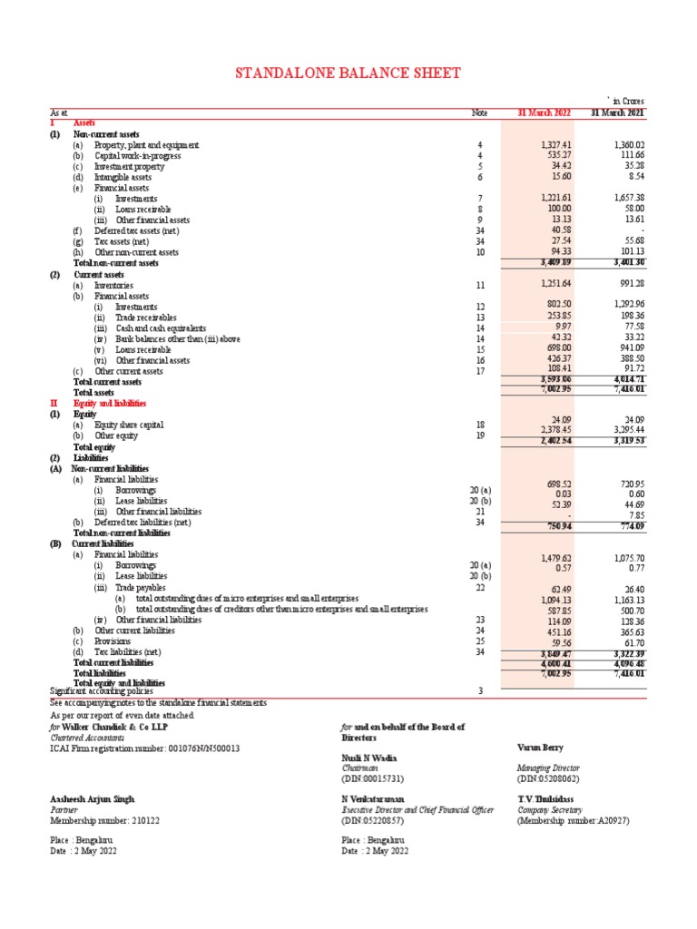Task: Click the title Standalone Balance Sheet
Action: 348,73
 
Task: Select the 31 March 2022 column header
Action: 545,113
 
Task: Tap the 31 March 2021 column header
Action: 617,113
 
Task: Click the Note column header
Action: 479,113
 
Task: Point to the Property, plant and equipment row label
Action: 147,145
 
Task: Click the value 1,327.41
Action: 555,145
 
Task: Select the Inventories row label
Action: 113,285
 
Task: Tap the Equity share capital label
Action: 131,425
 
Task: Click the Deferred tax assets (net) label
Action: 137,230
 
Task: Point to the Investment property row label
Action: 129,167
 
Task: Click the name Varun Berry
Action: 540,748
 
